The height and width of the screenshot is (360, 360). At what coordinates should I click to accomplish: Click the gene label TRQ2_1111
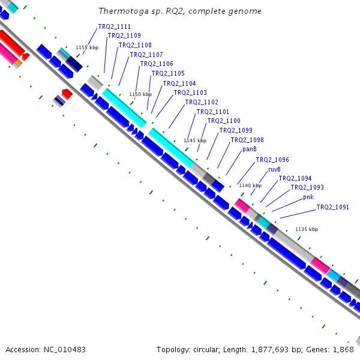(x=115, y=26)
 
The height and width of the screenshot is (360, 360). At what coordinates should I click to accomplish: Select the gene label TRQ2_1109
(x=124, y=35)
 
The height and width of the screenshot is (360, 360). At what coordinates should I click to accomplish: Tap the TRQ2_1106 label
(x=157, y=64)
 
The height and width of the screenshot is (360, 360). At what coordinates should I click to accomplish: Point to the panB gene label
(x=250, y=149)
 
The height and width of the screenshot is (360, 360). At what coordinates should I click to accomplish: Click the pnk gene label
(x=308, y=197)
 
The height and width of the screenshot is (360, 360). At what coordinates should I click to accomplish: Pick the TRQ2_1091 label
(x=332, y=207)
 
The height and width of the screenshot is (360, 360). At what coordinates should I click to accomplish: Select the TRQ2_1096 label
(x=272, y=160)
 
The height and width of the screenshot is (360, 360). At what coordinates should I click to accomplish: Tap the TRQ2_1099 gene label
(x=236, y=130)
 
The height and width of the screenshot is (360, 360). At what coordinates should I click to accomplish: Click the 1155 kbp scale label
(x=86, y=47)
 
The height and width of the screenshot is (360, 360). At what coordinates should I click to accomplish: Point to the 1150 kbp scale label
(x=140, y=94)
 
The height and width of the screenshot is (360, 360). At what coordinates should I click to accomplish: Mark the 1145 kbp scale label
(x=195, y=140)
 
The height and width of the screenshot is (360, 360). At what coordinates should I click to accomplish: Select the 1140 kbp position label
(x=250, y=185)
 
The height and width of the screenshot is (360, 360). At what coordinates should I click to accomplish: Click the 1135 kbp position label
(x=307, y=229)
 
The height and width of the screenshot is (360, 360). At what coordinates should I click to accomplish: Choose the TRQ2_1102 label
(x=202, y=102)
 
